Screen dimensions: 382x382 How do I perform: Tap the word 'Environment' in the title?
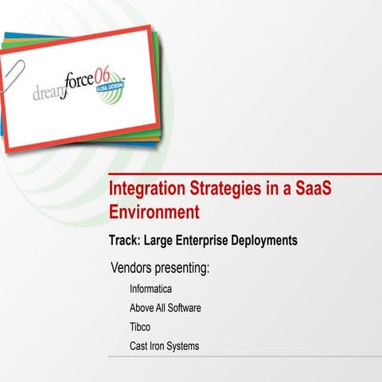[153, 212]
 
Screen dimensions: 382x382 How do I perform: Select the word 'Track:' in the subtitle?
[126, 240]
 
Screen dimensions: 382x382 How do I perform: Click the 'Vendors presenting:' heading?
[160, 267]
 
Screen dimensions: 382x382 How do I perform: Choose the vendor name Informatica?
[150, 289]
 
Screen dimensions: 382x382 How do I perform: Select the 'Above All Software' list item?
[165, 308]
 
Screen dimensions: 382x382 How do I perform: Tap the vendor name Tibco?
[139, 327]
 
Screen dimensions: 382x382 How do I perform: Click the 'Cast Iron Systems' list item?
[164, 346]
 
